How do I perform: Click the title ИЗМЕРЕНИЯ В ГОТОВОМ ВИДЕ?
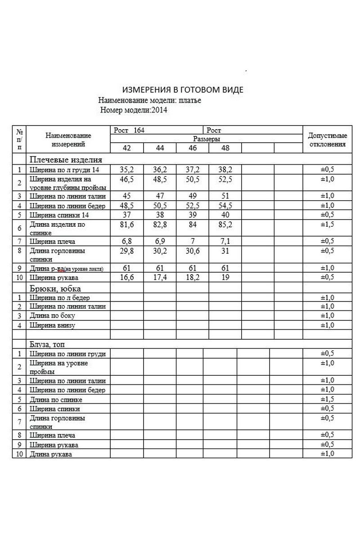coord(183,90)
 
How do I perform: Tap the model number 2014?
coord(159,109)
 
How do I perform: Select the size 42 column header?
coord(127,148)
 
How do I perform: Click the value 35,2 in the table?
coord(127,170)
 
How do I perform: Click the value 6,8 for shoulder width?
coord(127,242)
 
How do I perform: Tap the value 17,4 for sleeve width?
coord(160,277)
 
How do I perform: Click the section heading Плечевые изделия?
coord(66,160)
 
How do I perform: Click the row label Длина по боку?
coord(52,315)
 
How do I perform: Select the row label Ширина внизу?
coord(52,324)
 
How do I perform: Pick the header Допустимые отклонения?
coord(327,139)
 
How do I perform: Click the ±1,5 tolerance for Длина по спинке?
coord(327,399)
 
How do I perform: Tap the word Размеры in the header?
coord(207,139)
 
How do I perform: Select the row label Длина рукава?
coord(51,454)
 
